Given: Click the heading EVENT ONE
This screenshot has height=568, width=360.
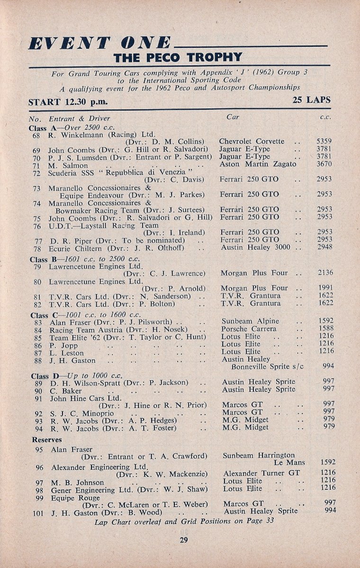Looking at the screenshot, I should [99, 43].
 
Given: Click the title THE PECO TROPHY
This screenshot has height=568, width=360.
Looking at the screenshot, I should [178, 58].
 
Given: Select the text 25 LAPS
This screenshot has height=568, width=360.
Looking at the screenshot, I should [311, 100].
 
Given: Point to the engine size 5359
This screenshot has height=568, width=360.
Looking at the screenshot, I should [324, 141].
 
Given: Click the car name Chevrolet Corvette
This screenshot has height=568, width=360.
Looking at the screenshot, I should [252, 141].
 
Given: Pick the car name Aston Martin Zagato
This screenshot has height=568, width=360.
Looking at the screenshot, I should [258, 164].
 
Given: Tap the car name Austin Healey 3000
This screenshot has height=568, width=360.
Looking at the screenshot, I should [255, 247].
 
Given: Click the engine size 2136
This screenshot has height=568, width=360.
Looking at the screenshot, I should [325, 273].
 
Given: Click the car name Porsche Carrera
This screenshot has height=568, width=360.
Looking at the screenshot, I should [249, 328].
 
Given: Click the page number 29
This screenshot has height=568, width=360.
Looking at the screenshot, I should [184, 541].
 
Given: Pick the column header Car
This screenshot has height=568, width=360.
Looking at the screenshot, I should [233, 116].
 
